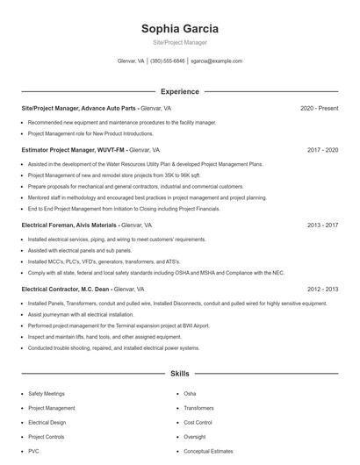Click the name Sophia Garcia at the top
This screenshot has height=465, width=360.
179,28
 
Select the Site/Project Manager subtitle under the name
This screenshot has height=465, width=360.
179,41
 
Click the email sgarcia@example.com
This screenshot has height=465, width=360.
216,61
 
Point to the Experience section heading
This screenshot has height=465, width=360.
179,91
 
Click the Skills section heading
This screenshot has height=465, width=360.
179,374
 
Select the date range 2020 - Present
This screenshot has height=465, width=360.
319,108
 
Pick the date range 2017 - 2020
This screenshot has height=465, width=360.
322,150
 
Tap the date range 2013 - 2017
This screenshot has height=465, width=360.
322,225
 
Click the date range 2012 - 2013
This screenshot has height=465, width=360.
322,289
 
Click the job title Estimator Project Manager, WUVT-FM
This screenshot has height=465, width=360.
74,150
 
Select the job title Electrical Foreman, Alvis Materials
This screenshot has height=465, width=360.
73,225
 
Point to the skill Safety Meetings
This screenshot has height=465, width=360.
47,394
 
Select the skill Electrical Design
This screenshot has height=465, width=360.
47,422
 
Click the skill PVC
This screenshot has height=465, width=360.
33,451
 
